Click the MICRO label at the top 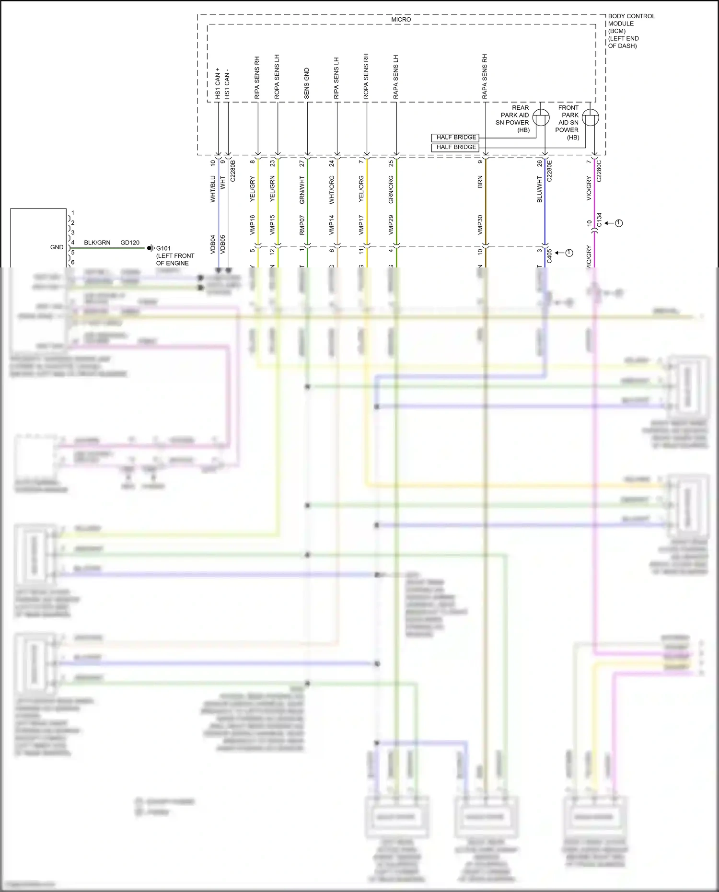tap(401, 20)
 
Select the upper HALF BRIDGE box tap(455, 138)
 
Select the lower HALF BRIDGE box tap(455, 147)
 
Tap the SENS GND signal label tap(307, 84)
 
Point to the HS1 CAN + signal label tap(218, 83)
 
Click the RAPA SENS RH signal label tap(485, 77)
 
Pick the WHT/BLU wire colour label tap(213, 189)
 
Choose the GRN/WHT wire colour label tap(302, 190)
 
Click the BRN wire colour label tap(480, 182)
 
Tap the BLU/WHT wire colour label tap(540, 189)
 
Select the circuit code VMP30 tap(480, 225)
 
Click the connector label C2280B tap(233, 171)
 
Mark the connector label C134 tap(599, 220)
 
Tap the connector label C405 tap(549, 256)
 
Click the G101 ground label tap(163, 248)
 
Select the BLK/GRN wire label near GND tap(97, 243)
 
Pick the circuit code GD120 tap(130, 243)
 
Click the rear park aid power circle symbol tap(541, 118)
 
